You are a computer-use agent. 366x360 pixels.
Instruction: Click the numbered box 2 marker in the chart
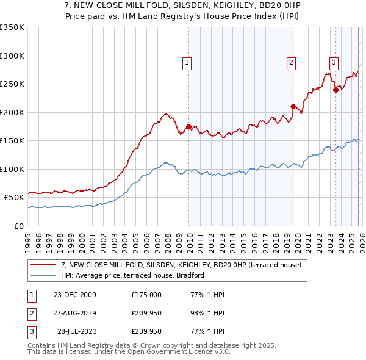(292, 62)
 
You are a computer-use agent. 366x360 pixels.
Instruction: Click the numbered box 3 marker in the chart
(334, 62)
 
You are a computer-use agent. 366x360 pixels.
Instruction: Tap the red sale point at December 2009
(188, 126)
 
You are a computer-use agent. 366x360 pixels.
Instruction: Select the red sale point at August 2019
(293, 106)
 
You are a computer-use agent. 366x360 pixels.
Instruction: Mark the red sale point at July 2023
(335, 90)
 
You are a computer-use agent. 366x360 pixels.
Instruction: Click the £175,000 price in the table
(146, 295)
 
